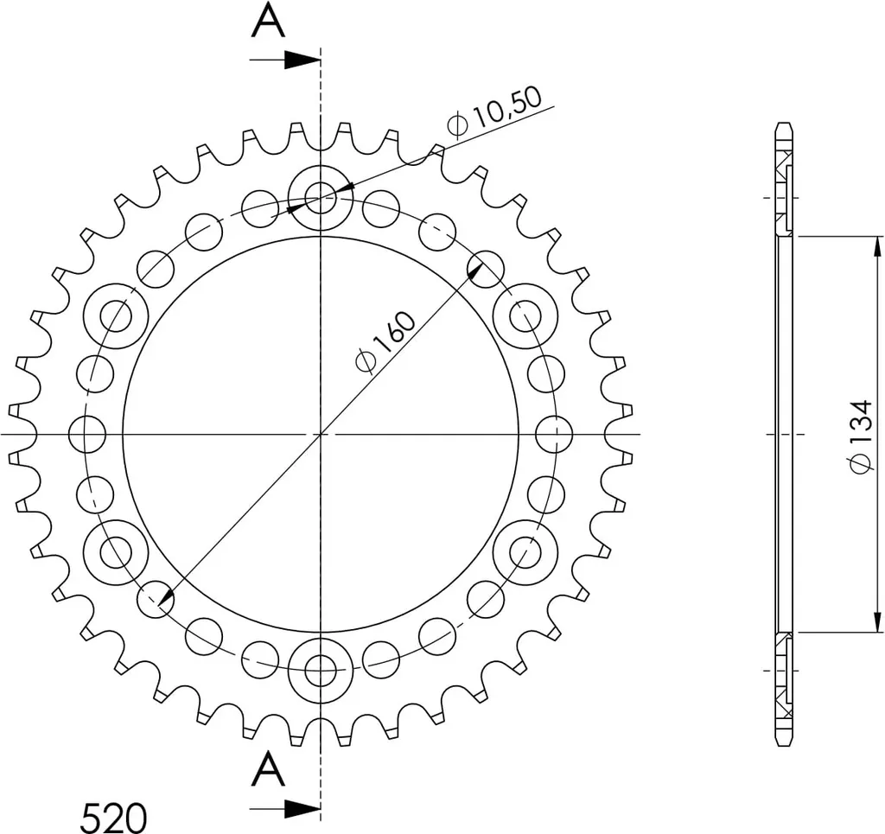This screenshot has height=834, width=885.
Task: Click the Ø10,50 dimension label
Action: click(493, 112)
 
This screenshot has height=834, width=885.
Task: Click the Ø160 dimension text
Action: click(385, 342)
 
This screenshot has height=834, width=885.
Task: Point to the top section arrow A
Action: click(285, 60)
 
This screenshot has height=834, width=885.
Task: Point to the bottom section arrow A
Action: click(285, 809)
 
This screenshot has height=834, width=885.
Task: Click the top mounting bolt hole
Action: click(321, 198)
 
